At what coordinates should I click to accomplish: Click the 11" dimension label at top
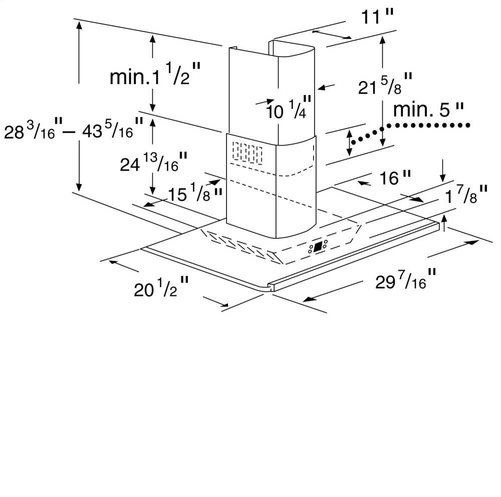point(377,16)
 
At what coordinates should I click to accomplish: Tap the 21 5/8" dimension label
point(385,84)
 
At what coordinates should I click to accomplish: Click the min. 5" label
point(428,110)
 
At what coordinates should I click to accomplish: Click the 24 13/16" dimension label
point(153,162)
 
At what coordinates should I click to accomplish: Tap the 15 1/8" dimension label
point(195,192)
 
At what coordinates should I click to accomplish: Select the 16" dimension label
point(395,178)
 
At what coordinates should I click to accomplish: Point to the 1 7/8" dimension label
point(466,194)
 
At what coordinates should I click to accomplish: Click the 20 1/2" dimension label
point(161,287)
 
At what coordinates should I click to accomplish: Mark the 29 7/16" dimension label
point(405,279)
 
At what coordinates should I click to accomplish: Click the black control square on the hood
point(318,246)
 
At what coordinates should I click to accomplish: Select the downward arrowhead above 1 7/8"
point(442,178)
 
